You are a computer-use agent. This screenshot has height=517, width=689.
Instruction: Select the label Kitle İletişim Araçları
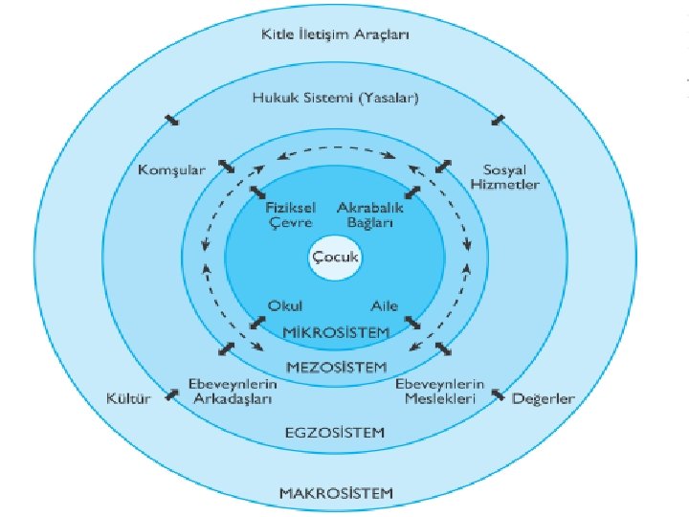tap(334, 35)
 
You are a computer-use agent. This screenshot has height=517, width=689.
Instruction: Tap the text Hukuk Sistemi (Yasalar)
tap(335, 98)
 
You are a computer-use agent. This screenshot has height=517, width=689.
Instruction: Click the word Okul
tap(284, 305)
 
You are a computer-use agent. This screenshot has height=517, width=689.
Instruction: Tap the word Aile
tap(384, 305)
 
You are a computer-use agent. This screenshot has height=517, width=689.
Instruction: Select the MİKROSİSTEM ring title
tap(337, 332)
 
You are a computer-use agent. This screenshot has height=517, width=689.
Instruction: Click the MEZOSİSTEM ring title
tap(337, 367)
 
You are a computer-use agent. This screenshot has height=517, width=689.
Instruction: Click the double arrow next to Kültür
tap(171, 393)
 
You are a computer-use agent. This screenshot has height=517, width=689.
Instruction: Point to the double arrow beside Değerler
tap(499, 393)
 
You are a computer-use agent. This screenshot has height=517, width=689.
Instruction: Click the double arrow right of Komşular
tap(226, 167)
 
